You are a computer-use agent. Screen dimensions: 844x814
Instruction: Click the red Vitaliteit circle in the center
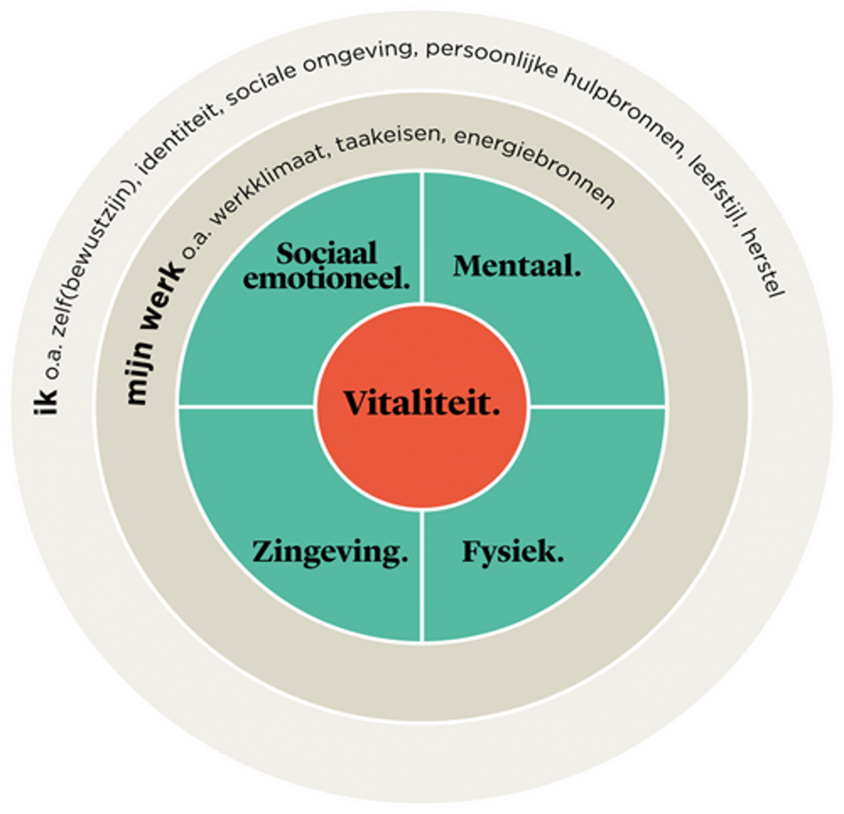click(422, 406)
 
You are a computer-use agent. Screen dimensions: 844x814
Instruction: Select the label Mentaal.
click(517, 266)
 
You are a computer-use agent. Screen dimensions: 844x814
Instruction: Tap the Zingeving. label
click(329, 553)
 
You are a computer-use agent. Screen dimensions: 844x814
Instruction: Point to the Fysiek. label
click(513, 552)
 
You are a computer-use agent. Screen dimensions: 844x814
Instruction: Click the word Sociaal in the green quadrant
click(326, 253)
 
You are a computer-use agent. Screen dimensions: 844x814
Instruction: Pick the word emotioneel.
click(326, 279)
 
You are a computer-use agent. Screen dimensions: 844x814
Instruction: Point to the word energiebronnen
click(535, 167)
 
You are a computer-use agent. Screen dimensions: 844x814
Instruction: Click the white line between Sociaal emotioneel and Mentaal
click(422, 238)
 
